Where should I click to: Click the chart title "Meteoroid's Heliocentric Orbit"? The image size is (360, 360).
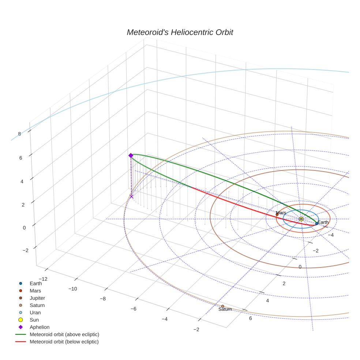coord(180,32)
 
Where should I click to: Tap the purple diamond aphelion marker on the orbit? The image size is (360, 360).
coord(131,155)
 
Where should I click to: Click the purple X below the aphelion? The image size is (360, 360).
coord(131,197)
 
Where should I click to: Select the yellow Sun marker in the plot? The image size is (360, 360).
coord(301,219)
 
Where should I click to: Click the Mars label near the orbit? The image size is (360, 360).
coord(281,213)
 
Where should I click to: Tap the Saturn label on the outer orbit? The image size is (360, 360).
coord(225,309)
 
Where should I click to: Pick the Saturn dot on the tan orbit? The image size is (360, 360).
coord(222,306)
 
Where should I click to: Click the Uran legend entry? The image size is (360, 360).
coord(35,312)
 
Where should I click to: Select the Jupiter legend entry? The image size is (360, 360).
coord(37,298)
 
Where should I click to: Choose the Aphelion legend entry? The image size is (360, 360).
coord(39,327)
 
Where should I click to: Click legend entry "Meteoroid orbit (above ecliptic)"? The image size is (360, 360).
coord(64,334)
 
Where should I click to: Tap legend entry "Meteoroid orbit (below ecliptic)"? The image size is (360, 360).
coord(64,342)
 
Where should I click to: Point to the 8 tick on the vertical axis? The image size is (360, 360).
coord(19,134)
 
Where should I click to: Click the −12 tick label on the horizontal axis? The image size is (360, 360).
coord(43,279)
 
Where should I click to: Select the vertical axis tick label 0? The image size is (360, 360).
coord(24,228)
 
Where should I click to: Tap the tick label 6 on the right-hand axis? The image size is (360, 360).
coord(251,318)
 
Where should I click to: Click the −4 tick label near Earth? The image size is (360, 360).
coord(330,235)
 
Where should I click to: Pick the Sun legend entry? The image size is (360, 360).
coord(34,320)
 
